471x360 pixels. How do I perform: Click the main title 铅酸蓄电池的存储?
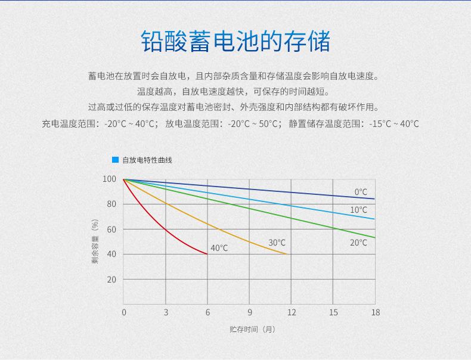click(235, 41)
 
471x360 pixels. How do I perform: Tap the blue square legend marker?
click(115, 160)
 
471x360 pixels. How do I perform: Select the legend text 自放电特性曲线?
click(147, 160)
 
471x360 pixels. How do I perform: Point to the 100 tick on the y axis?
click(109, 179)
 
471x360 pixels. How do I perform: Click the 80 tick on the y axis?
click(111, 204)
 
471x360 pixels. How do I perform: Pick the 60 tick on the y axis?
click(111, 229)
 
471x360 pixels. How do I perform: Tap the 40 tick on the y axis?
click(111, 254)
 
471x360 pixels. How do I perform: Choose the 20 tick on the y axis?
click(111, 280)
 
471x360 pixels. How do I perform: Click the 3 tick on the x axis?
click(166, 312)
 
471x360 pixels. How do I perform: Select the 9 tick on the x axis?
click(250, 312)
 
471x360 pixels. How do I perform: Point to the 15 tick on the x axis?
click(333, 312)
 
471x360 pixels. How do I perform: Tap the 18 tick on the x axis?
click(376, 312)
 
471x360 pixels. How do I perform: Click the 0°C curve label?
click(361, 192)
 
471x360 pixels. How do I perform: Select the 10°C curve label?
click(358, 210)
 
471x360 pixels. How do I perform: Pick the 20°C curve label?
click(358, 243)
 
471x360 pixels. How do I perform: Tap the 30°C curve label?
click(277, 243)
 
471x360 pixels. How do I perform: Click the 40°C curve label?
click(219, 248)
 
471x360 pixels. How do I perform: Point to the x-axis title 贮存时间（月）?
click(252, 330)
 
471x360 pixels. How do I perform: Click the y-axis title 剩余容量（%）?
click(95, 241)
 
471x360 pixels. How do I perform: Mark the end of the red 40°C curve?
click(207, 254)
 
